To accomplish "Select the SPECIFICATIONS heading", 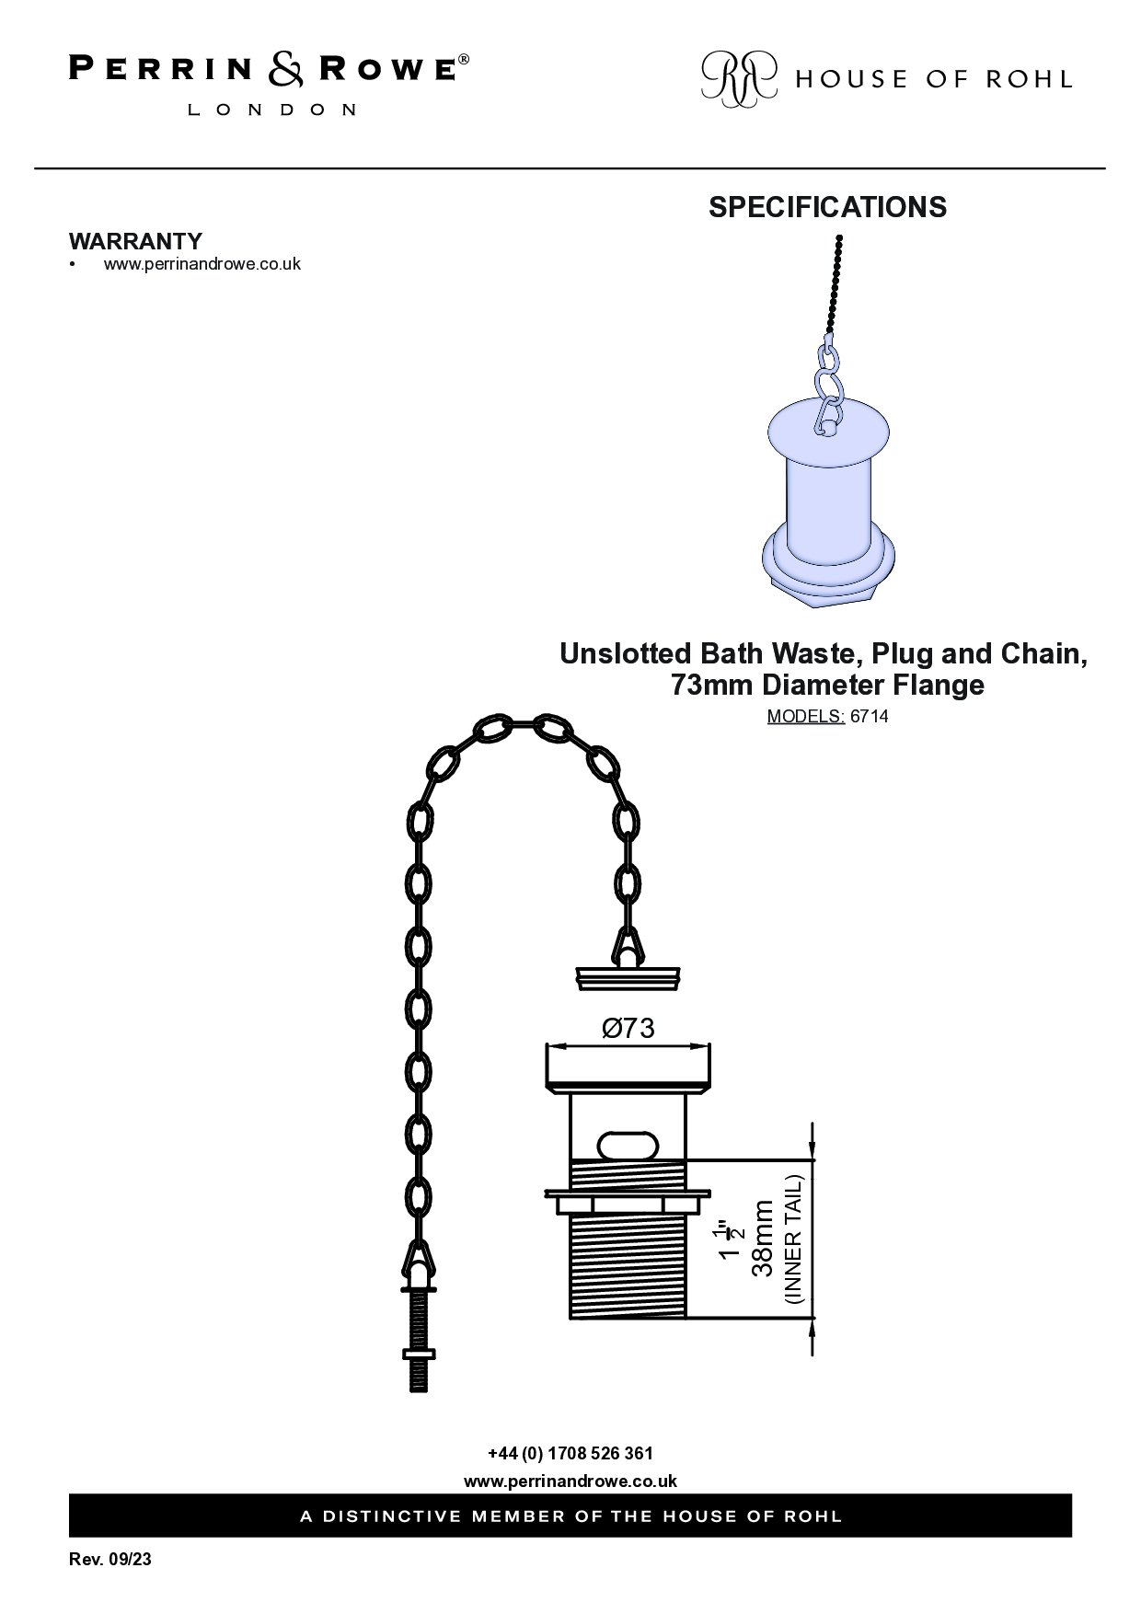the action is tap(827, 207).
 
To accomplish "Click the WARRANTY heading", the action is tap(135, 241).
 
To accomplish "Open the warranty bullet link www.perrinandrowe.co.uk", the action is tap(202, 264).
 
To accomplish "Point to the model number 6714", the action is tap(870, 717).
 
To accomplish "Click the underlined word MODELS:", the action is tap(806, 717).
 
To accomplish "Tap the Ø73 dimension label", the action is tap(628, 1028).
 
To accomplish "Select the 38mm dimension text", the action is tap(763, 1238).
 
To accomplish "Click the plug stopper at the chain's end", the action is tap(628, 977).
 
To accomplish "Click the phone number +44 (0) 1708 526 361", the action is tap(570, 1454).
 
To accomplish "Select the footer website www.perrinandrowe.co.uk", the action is tap(570, 1481).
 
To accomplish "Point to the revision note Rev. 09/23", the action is tap(110, 1561).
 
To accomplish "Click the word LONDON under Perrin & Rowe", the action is tap(272, 110).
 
